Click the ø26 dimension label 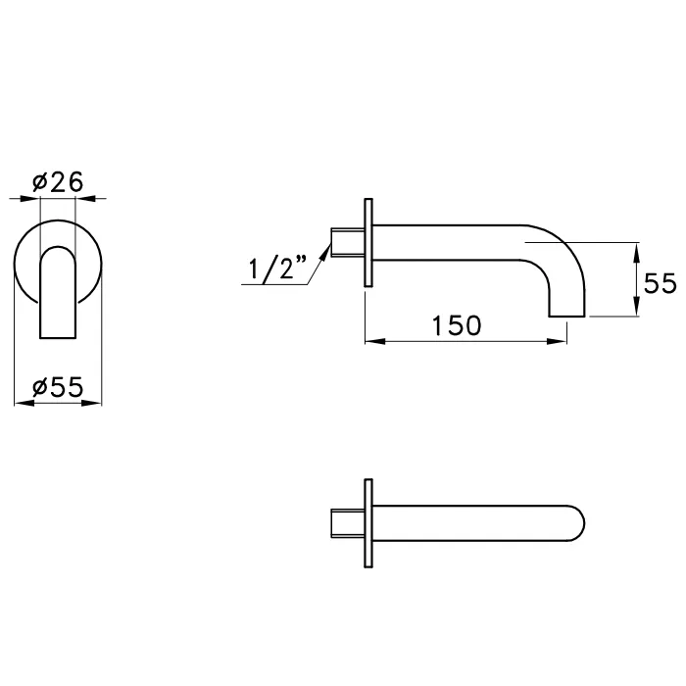[58, 182]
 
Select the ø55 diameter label [58, 387]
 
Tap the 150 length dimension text [457, 325]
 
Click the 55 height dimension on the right [660, 283]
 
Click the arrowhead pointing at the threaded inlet [325, 252]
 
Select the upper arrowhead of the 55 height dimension [636, 252]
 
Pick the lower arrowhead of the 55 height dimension [636, 306]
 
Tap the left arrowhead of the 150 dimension [375, 341]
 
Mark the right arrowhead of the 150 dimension [557, 341]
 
